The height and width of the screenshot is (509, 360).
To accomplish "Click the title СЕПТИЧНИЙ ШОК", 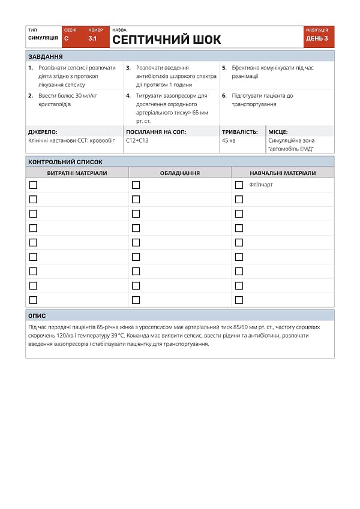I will pos(167,40).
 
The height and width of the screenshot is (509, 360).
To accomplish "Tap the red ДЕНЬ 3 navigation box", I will pos(317,38).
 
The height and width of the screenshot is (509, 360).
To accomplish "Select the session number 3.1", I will pos(92,38).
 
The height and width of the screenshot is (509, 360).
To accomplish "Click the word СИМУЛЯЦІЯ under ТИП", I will pos(43,38).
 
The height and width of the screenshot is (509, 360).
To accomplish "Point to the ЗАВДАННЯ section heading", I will pos(46,57).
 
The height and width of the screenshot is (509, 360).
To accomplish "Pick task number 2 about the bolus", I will pos(63,100).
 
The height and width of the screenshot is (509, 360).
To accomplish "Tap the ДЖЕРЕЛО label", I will pos(43,132).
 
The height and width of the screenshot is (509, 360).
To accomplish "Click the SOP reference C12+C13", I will pos(137,141).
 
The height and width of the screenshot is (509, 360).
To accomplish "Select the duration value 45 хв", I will pos(229,141).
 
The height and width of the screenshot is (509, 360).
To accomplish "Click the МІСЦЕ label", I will pos(278,132).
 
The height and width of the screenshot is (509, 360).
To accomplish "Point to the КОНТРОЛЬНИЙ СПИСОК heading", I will pos(65,162).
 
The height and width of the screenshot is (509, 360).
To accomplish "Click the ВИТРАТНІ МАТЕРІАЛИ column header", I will pos(77,173).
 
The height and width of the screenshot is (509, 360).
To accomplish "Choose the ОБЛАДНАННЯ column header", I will pos(180,173).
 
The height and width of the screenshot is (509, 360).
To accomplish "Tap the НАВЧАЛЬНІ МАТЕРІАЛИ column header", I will pos(283,173).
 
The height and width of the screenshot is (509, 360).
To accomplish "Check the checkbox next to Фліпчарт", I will pos(239,185).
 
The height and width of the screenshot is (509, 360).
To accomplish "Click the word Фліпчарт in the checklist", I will pos(261,185).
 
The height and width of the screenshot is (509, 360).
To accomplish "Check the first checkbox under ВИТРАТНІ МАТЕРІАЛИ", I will pos(33,185).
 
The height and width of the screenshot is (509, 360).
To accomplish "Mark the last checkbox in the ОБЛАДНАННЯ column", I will pos(136,300).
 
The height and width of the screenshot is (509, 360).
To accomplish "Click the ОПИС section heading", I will pos(37,315).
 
